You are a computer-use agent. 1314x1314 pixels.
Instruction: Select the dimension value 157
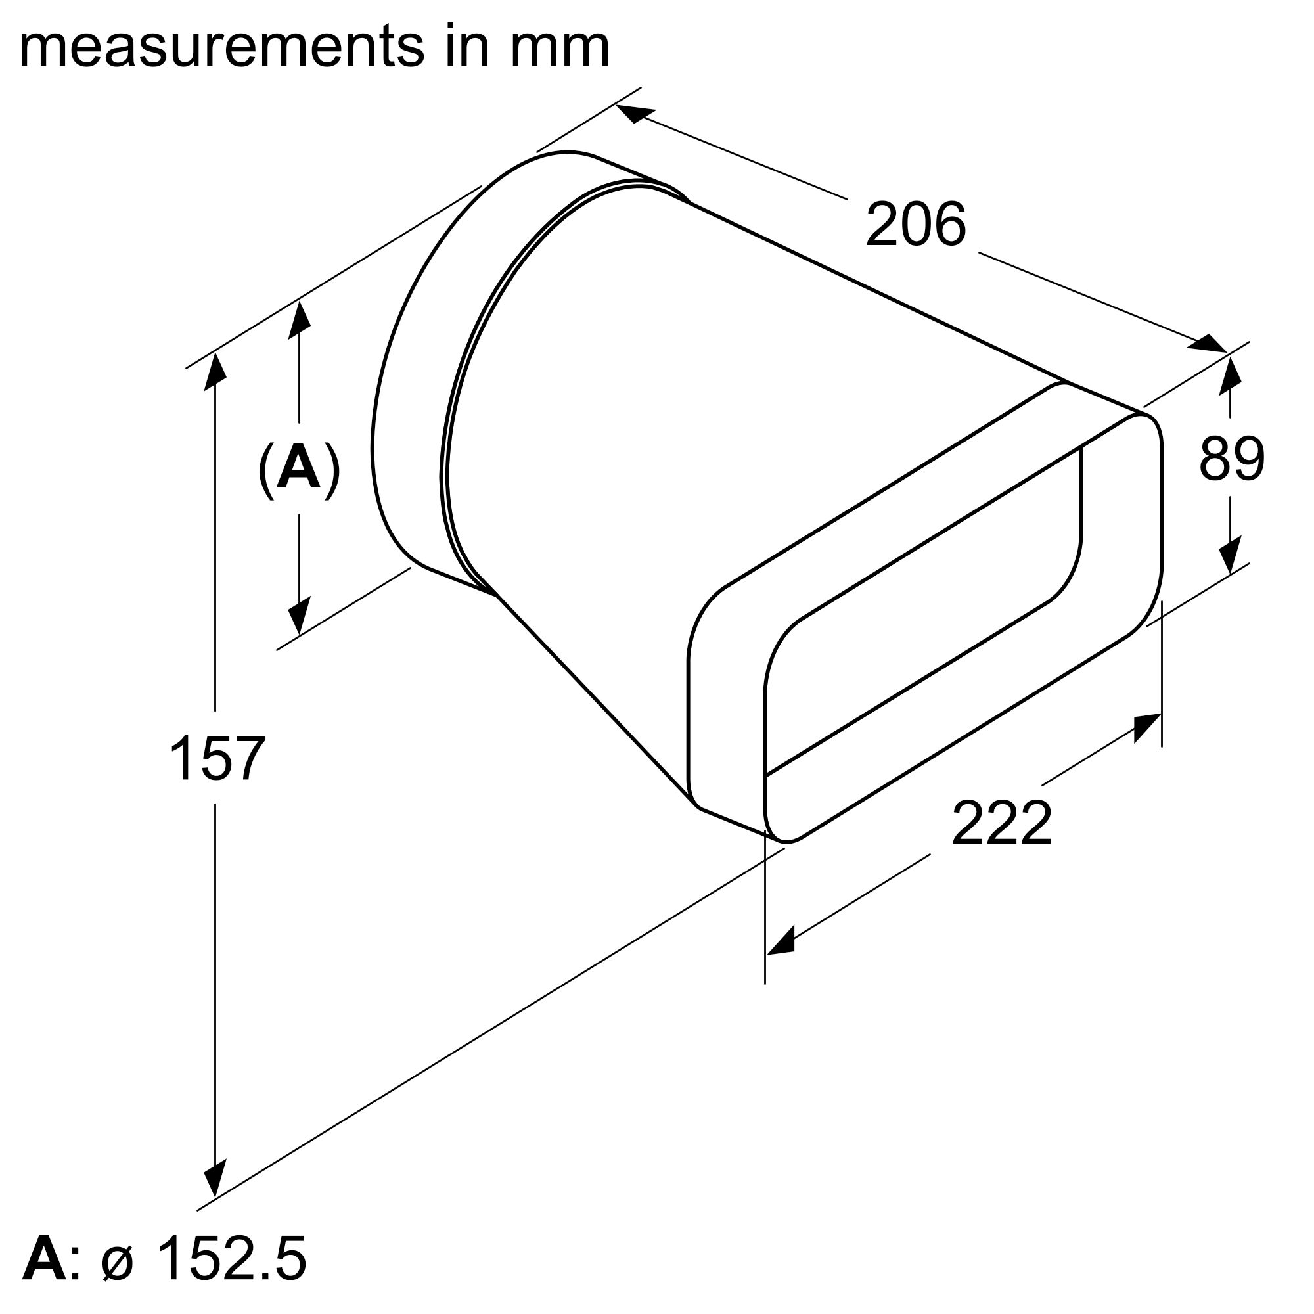click(x=216, y=758)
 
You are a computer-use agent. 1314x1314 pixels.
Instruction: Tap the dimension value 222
click(x=1001, y=824)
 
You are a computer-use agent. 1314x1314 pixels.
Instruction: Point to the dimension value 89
click(x=1231, y=459)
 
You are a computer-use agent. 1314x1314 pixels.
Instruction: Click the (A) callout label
click(x=299, y=469)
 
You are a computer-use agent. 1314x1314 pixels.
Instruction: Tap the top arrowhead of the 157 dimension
click(x=215, y=371)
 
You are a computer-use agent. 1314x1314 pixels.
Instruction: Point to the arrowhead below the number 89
click(x=1230, y=555)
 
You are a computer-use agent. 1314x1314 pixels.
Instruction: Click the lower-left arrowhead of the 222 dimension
click(x=781, y=943)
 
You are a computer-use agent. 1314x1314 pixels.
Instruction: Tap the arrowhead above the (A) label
click(x=299, y=320)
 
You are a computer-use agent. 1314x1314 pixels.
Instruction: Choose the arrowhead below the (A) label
click(x=299, y=616)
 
